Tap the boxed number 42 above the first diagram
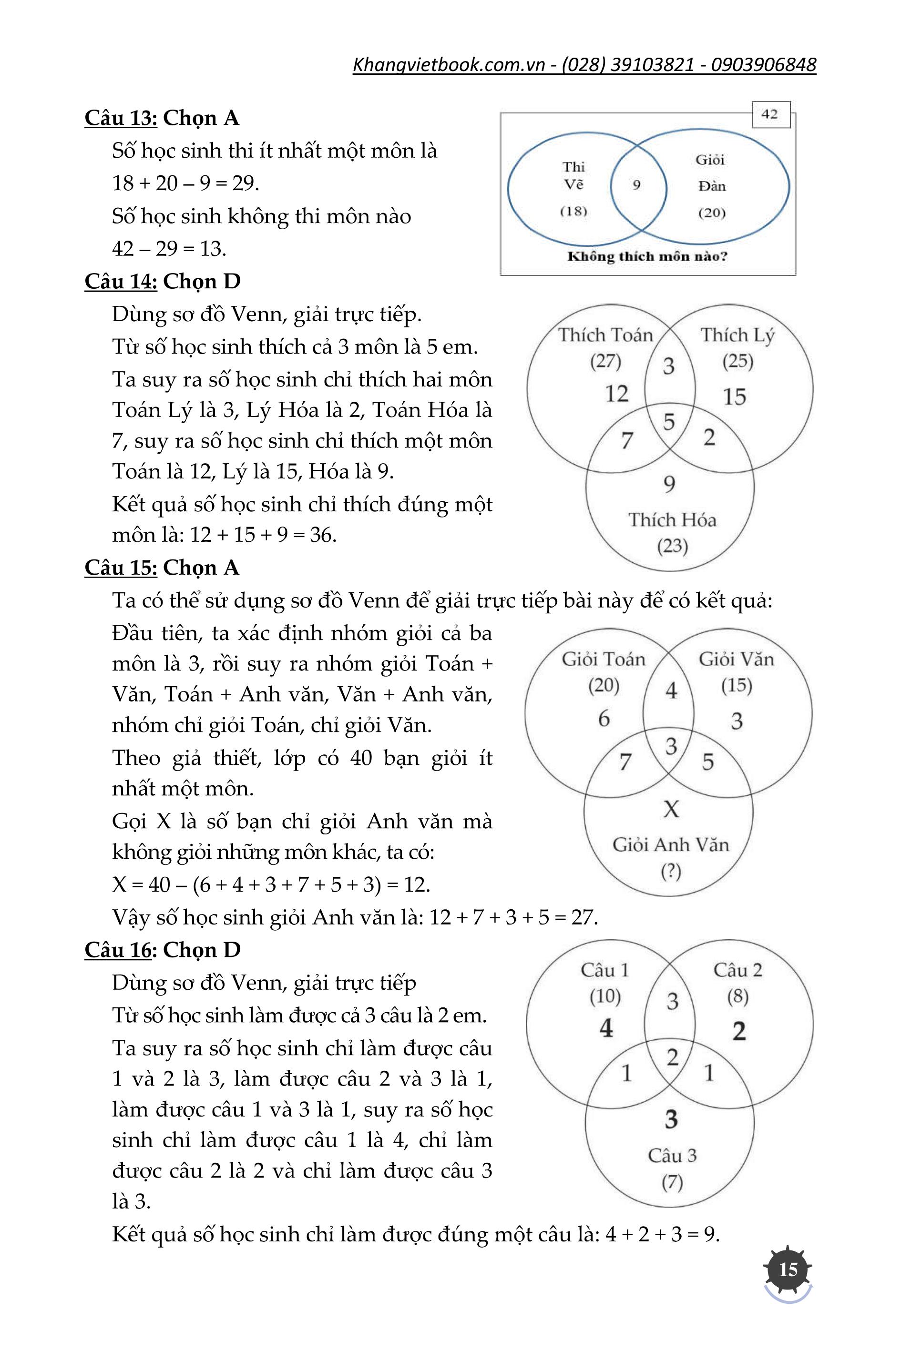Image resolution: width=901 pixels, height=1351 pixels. [x=769, y=114]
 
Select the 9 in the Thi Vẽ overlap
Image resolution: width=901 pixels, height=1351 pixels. [x=637, y=185]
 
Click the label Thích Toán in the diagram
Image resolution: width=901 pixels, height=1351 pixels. [x=605, y=335]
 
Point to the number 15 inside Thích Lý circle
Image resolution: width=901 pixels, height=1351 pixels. [x=734, y=397]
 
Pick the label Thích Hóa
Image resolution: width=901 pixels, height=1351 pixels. [x=672, y=520]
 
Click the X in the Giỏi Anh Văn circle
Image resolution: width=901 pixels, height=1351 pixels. [x=671, y=809]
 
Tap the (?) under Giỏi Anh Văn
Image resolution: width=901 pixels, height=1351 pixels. [x=671, y=872]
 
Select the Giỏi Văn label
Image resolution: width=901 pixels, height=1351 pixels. [x=736, y=660]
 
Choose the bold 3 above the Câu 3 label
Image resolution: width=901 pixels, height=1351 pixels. [x=671, y=1119]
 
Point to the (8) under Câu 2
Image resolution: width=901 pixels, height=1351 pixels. [x=737, y=996]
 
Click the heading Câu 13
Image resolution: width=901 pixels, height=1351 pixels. [x=121, y=118]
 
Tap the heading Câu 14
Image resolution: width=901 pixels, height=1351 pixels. [x=121, y=282]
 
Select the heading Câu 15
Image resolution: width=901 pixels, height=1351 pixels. [x=121, y=568]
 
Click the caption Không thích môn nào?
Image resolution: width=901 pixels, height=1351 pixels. [x=647, y=257]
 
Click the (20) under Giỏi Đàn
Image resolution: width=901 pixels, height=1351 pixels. [x=712, y=213]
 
